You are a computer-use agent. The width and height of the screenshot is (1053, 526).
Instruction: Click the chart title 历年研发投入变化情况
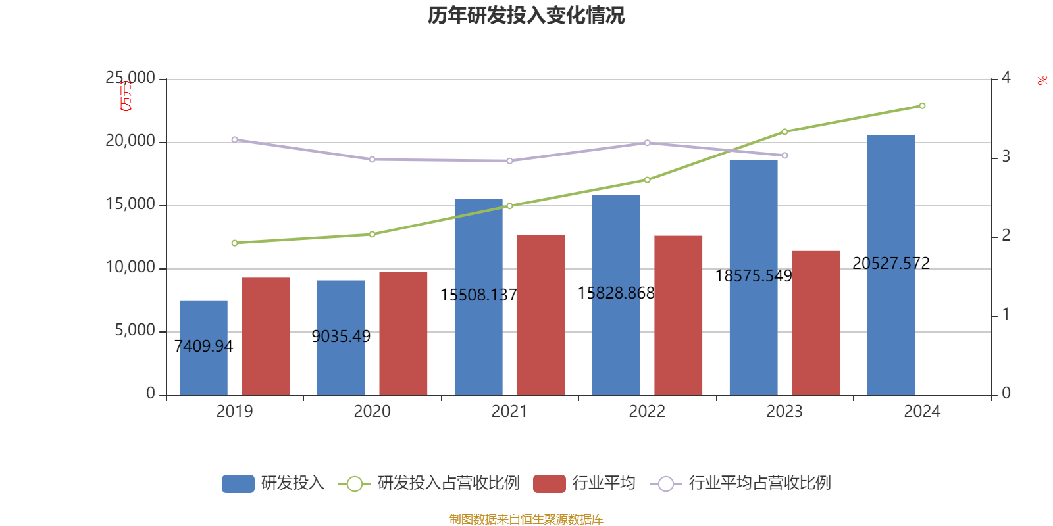pos(526,15)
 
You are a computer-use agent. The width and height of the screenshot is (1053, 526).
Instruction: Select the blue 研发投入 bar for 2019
pos(203,348)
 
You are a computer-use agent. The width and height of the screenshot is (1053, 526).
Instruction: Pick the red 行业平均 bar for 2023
pos(815,322)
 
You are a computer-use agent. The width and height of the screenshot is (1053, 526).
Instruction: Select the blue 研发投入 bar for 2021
pos(478,297)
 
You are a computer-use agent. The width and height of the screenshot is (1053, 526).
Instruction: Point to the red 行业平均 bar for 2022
pos(678,315)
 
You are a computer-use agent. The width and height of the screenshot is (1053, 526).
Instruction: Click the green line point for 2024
pos(922,106)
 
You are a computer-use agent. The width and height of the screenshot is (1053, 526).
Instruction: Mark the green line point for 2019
pos(235,243)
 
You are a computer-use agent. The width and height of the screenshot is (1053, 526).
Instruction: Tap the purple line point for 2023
pos(784,156)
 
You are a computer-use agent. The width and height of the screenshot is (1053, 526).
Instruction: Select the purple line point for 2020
pos(372,159)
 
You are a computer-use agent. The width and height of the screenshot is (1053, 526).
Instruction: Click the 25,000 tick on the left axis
pos(130,78)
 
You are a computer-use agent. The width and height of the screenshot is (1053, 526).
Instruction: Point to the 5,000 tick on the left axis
pos(135,331)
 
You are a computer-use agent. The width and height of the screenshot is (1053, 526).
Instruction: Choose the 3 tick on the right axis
pos(1006,156)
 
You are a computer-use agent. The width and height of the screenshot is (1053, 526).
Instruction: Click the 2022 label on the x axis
pos(647,412)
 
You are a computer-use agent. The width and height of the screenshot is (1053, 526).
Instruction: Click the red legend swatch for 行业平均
pos(549,483)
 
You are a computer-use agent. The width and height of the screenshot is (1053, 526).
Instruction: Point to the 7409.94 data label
pos(204,346)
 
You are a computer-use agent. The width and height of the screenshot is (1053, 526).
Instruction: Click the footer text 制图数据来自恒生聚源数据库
pos(526,519)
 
